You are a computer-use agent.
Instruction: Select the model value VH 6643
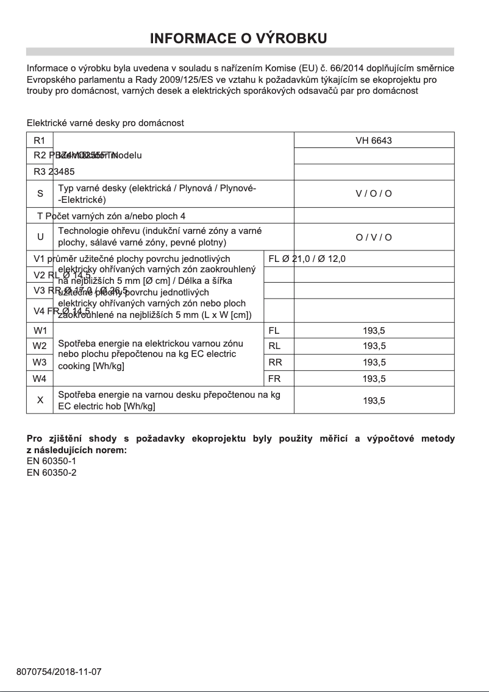tap(374, 141)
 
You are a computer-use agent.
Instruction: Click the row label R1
tap(40, 141)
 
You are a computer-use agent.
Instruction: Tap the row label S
tap(40, 194)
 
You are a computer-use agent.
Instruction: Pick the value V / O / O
tap(374, 194)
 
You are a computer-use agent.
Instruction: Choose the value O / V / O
tap(374, 237)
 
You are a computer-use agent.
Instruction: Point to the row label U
tap(40, 237)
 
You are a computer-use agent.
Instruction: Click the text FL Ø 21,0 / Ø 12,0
tap(307, 259)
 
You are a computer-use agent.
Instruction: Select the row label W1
tap(40, 331)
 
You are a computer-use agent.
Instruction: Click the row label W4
tap(40, 378)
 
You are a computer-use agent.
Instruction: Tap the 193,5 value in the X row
tap(374, 400)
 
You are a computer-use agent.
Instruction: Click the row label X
tap(40, 400)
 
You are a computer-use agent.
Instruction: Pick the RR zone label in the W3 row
tap(274, 362)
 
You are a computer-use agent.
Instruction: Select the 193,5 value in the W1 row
tap(374, 331)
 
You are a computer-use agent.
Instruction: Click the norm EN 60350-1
tap(52, 461)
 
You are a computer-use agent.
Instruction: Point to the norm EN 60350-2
tap(52, 472)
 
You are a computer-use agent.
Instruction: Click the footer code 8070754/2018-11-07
tap(59, 672)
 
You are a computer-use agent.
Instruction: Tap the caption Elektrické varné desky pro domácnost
tap(105, 123)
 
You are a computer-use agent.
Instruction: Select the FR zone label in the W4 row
tap(274, 378)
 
